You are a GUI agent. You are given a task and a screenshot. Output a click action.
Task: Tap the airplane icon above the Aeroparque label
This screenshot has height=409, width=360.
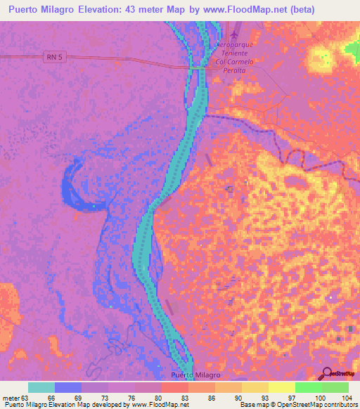pyautogui.click(x=235, y=34)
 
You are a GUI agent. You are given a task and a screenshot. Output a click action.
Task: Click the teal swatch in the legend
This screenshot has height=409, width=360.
pyautogui.click(x=41, y=387)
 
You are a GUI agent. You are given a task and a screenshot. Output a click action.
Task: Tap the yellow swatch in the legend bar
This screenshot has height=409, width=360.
pyautogui.click(x=255, y=387)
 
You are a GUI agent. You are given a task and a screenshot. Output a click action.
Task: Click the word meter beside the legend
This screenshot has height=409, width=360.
pyautogui.click(x=11, y=397)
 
